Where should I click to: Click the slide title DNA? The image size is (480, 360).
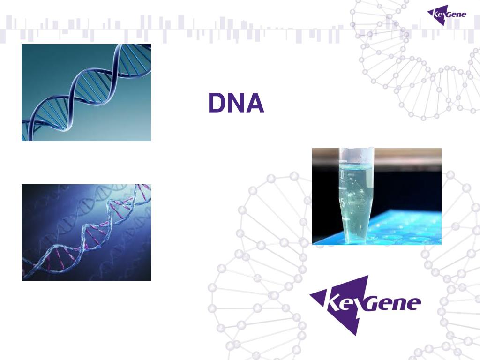(x=236, y=104)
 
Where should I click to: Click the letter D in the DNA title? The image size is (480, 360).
(x=217, y=104)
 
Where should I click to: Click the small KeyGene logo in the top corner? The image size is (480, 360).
(x=447, y=15)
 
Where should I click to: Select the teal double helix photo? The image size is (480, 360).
(x=86, y=92)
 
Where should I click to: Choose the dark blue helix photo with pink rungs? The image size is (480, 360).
(x=86, y=232)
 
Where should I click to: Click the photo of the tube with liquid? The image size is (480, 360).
(x=377, y=196)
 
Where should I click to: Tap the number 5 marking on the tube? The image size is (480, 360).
(x=343, y=202)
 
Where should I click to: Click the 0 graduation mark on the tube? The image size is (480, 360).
(x=342, y=174)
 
